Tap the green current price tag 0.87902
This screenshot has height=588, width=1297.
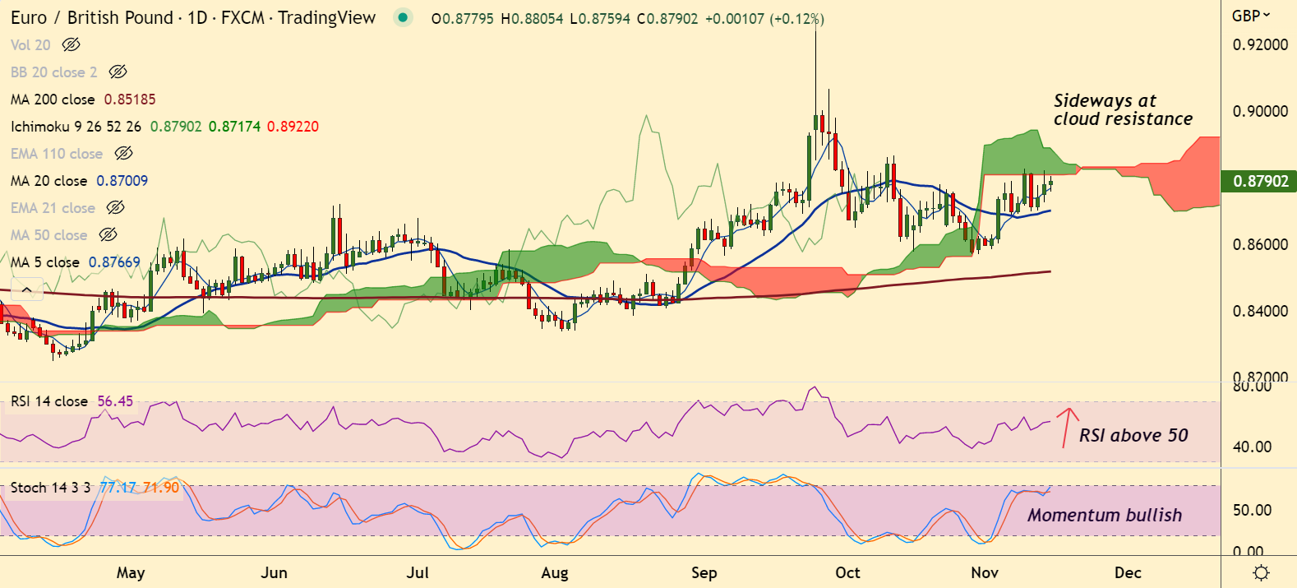[1260, 181]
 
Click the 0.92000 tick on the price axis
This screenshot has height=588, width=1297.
[1260, 44]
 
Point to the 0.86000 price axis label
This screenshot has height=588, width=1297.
[1260, 244]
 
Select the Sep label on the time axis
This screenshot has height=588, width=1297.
[704, 572]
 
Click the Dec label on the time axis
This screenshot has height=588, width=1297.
[1128, 572]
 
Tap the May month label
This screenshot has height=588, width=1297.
[131, 572]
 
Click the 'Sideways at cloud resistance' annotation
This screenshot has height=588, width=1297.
[1122, 110]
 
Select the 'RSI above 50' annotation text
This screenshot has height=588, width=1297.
[1133, 435]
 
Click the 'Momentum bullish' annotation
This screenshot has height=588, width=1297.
[1104, 515]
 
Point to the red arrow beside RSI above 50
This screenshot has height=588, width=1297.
[1067, 424]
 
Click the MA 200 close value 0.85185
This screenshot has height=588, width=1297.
[130, 100]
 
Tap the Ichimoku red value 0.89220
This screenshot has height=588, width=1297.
[293, 127]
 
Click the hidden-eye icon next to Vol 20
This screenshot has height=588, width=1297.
[72, 45]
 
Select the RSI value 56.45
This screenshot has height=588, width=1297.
[115, 401]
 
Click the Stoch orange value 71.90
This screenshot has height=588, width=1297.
[161, 488]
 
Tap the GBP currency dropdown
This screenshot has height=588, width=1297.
[1250, 16]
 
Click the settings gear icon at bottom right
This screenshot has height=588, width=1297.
[1261, 572]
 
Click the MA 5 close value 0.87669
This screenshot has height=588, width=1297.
[114, 262]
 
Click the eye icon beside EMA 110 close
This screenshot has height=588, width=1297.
[123, 154]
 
